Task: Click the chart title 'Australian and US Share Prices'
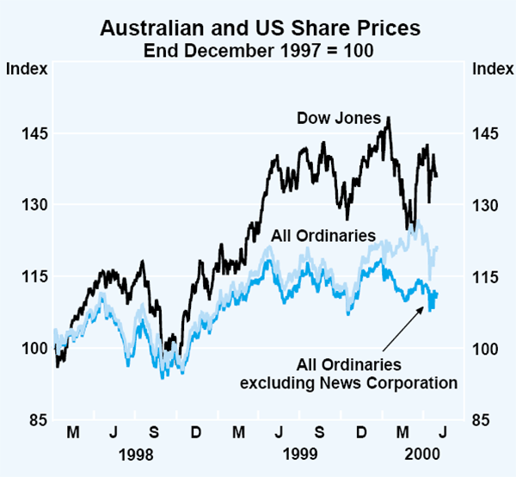259,28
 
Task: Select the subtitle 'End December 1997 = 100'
259,49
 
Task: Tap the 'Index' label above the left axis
26,70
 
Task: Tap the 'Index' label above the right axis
490,70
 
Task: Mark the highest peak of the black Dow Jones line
389,118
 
